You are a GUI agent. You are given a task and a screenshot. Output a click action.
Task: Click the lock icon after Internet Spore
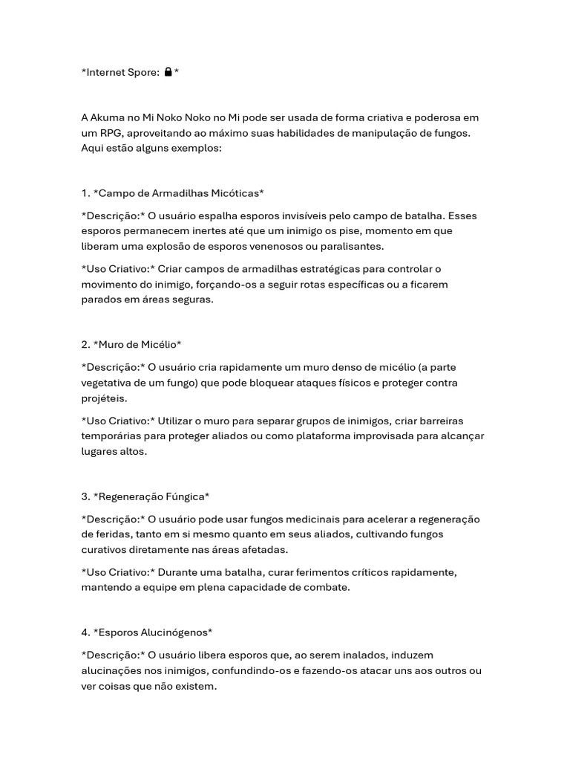[x=168, y=72]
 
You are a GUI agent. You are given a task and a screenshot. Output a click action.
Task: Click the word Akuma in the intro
[x=108, y=117]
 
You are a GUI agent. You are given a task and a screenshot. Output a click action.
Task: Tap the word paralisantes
[x=347, y=246]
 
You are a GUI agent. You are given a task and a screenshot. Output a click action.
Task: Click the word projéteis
[x=104, y=398]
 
